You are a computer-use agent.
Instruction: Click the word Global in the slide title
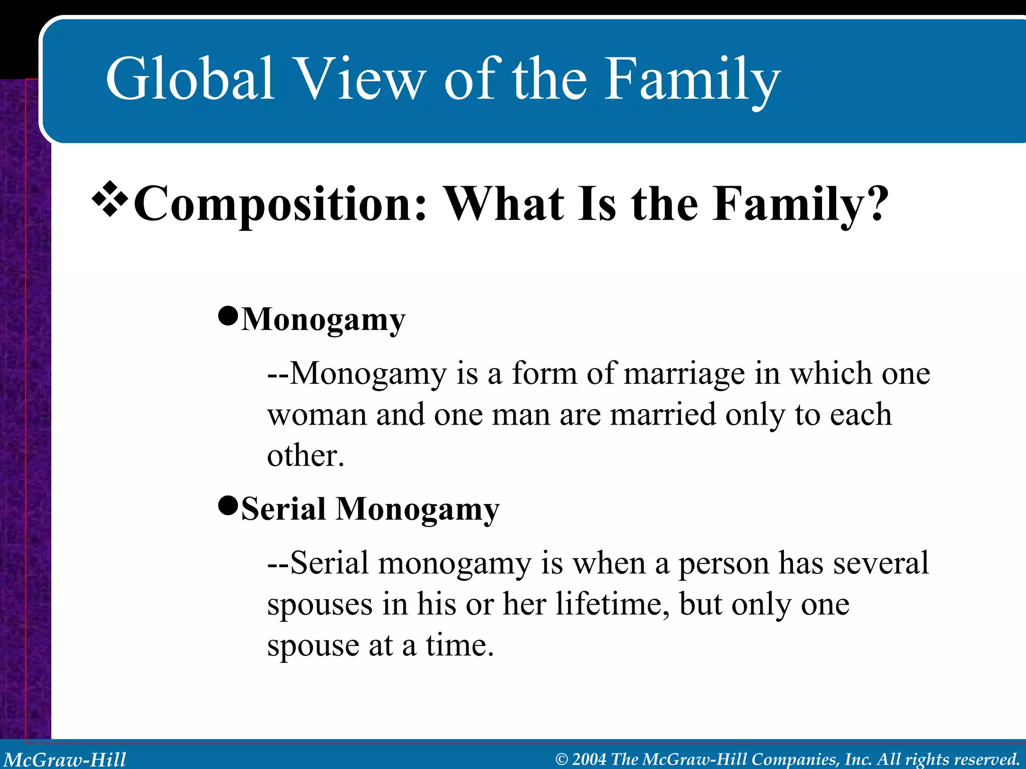tap(190, 79)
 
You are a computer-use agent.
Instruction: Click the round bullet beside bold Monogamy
tap(228, 316)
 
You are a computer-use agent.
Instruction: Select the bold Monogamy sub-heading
tap(323, 319)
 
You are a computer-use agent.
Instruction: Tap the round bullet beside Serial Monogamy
tap(228, 506)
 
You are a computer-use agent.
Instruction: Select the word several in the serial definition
tap(881, 563)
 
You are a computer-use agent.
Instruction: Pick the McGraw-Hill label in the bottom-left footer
tap(65, 759)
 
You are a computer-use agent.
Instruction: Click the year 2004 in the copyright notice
tap(589, 759)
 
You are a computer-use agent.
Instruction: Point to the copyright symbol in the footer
tap(562, 759)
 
